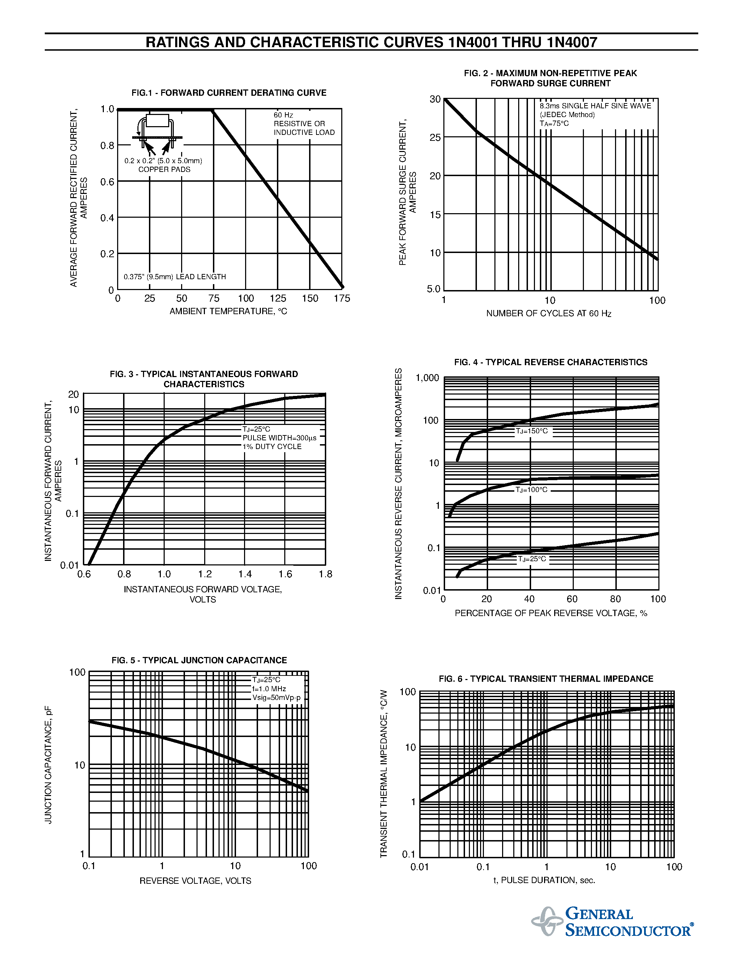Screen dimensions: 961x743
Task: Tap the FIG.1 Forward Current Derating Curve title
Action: [229, 93]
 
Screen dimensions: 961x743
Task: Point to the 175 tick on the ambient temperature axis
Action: [342, 298]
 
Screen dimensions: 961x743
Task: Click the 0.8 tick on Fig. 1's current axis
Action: [107, 146]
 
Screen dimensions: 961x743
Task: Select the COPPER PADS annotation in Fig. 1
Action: [164, 169]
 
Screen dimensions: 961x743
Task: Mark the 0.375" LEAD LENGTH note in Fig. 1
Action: [175, 277]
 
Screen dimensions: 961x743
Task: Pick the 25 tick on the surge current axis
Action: [435, 138]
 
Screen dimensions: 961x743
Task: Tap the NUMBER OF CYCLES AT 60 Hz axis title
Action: [549, 313]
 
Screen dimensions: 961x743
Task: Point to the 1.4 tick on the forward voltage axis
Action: [245, 574]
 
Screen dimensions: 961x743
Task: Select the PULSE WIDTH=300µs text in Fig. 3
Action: [279, 438]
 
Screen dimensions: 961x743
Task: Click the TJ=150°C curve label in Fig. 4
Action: [532, 431]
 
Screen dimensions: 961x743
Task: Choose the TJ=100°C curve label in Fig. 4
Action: [532, 490]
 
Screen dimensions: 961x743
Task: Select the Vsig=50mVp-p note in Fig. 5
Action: [277, 698]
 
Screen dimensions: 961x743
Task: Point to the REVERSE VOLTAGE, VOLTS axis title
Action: [195, 881]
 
